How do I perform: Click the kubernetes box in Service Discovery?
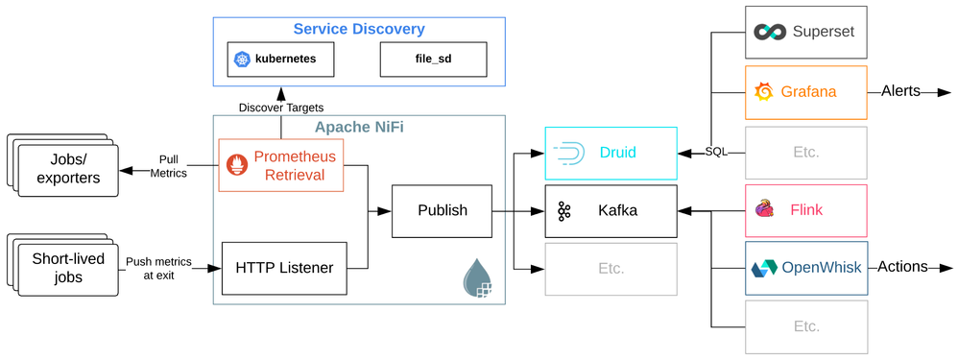(x=280, y=60)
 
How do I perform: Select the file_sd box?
(x=433, y=60)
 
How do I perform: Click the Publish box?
(x=443, y=210)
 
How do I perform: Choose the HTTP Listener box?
(x=284, y=268)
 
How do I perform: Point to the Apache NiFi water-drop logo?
(x=477, y=278)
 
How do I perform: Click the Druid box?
(x=611, y=153)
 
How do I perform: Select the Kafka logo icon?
(x=563, y=211)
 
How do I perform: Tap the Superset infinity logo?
(x=769, y=32)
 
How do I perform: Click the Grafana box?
(x=806, y=92)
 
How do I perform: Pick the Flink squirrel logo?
(x=766, y=209)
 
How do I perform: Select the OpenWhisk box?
(x=806, y=268)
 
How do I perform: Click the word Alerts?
(x=900, y=92)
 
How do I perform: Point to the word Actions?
(x=902, y=267)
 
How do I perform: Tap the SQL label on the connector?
(x=716, y=153)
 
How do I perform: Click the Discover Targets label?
(x=280, y=108)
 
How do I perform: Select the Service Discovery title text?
(x=359, y=29)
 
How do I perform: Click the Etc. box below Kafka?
(x=611, y=268)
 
